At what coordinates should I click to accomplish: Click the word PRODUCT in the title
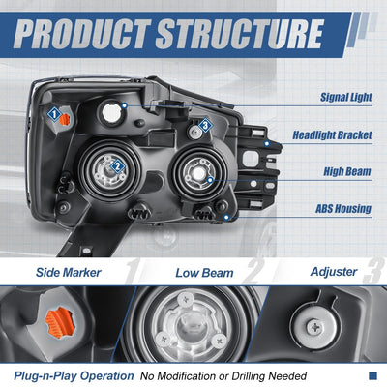(82, 34)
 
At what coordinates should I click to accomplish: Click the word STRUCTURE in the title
(239, 34)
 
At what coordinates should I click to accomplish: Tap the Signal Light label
(346, 97)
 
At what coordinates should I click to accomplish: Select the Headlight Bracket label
(332, 135)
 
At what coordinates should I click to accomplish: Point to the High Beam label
(347, 171)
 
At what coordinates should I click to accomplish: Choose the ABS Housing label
(343, 209)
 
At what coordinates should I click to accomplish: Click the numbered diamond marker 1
(54, 114)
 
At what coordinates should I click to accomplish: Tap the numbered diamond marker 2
(117, 166)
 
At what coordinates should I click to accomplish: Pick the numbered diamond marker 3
(205, 125)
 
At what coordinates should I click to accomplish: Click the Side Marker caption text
(69, 273)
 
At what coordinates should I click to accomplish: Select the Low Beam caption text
(204, 273)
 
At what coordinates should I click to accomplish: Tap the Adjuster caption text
(334, 272)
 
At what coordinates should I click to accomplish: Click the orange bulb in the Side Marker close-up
(60, 322)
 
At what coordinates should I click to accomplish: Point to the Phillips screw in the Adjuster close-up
(313, 328)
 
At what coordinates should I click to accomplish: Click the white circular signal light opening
(111, 113)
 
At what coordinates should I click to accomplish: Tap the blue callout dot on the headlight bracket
(267, 143)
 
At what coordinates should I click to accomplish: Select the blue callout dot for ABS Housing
(226, 217)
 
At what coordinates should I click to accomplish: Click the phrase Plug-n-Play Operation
(74, 376)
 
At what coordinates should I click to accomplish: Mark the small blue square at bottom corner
(372, 375)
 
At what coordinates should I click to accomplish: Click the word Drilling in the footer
(249, 376)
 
